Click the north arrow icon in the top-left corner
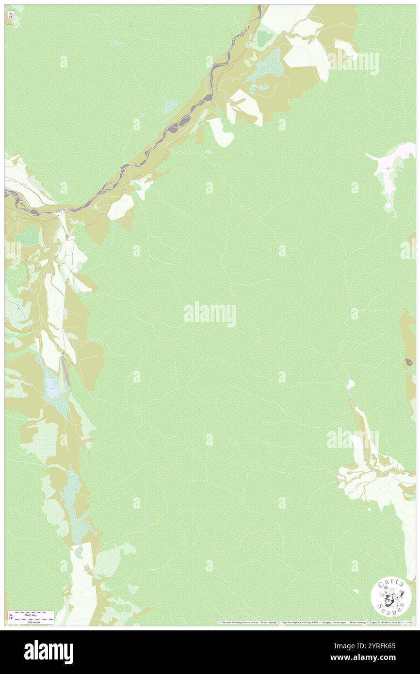click(x=11, y=15)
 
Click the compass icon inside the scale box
click(x=11, y=617)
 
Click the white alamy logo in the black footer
click(x=48, y=652)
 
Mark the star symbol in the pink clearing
click(x=388, y=168)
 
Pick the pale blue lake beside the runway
click(x=51, y=385)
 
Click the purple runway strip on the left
click(x=65, y=371)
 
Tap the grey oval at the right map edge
click(x=409, y=362)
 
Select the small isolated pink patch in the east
click(x=351, y=385)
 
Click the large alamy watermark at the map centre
click(x=210, y=314)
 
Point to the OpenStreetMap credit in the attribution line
click(x=303, y=622)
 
